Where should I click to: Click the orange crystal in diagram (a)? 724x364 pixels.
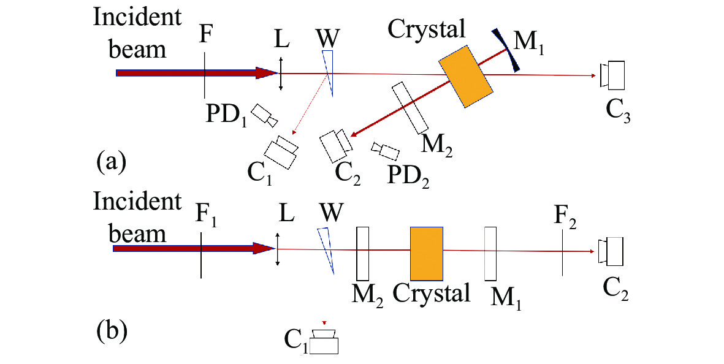point(466,76)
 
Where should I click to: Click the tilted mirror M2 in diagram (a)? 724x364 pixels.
point(410,107)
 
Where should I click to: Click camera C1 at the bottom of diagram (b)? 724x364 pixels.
point(323,341)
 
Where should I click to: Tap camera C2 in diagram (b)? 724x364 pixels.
point(612,251)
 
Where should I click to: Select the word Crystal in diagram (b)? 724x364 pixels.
point(432,292)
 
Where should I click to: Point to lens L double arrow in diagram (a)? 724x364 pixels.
point(280,74)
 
